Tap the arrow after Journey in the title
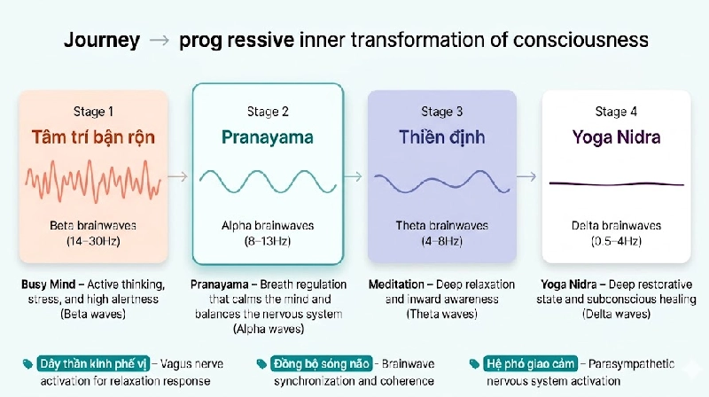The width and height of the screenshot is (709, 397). [x=159, y=42]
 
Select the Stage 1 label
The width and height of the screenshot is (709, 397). [x=94, y=111]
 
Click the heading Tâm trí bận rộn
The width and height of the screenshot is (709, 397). [x=94, y=137]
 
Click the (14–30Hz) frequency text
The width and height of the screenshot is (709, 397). [x=94, y=241]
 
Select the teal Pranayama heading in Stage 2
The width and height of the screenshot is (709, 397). [x=268, y=137]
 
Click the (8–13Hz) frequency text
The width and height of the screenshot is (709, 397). [x=268, y=241]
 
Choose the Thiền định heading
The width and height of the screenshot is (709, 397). [x=441, y=137]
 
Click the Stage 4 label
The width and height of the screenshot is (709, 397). [x=616, y=111]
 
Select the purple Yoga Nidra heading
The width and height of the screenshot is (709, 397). [x=616, y=137]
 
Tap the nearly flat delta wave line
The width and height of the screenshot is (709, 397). [x=616, y=183]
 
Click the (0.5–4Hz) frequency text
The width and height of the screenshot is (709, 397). [x=616, y=241]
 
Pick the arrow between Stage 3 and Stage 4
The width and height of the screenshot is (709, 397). [x=528, y=176]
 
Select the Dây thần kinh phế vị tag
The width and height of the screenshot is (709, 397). [x=92, y=363]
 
